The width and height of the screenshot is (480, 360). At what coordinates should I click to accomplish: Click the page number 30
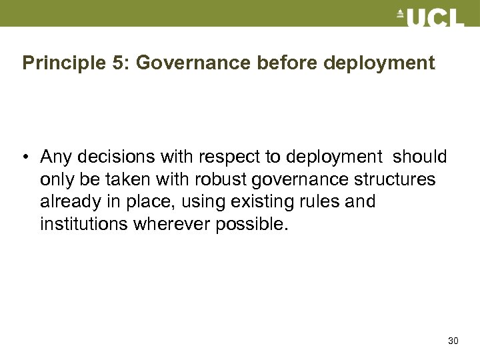point(453,341)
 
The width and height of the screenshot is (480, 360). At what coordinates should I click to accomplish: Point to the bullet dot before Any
point(24,158)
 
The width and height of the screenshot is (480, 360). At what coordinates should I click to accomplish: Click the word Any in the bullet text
point(55,157)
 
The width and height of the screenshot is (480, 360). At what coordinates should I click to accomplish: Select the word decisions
point(110,157)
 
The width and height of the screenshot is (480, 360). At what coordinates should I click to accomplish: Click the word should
point(420,157)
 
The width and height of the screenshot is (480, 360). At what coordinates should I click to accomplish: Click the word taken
point(132,180)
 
